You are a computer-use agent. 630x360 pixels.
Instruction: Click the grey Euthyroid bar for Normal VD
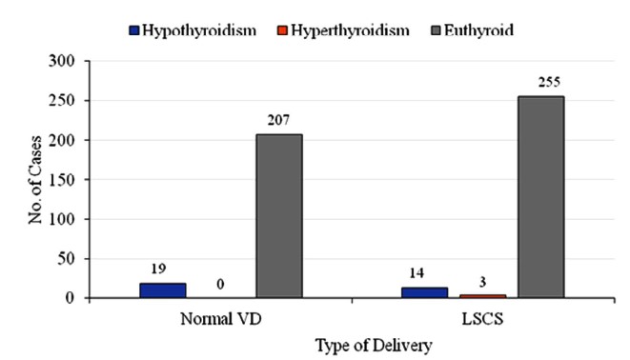coord(279,216)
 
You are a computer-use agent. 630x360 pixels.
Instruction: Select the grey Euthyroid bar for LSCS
coord(540,197)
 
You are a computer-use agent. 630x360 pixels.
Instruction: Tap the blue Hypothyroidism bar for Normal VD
coord(163,290)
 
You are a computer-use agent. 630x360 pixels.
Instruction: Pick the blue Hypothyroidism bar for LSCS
coord(424,292)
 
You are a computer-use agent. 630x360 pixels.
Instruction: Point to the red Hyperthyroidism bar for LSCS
coord(482,296)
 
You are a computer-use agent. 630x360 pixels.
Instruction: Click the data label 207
coord(278,120)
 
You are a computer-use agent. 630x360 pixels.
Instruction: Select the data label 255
coord(549,82)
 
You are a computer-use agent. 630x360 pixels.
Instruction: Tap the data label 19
coord(159,269)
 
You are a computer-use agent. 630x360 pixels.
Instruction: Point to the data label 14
coord(417,273)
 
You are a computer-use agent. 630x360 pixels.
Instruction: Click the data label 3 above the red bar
coord(482,282)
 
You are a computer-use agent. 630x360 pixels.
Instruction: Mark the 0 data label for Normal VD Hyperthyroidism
coord(220,284)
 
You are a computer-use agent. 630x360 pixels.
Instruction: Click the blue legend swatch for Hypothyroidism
coord(134,30)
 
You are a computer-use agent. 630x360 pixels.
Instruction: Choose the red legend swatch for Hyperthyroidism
coord(282,30)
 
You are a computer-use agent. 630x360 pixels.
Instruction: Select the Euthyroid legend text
coord(478,30)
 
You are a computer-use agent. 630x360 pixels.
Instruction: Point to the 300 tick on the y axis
coord(62,61)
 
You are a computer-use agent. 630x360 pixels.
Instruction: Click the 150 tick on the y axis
coord(62,179)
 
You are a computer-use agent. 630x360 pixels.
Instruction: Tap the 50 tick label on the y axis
coord(67,258)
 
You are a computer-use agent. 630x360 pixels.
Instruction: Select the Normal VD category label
coord(221,319)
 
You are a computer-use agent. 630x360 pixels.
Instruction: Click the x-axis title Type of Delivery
coord(374,346)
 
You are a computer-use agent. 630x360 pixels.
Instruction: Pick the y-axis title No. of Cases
coord(35,179)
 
